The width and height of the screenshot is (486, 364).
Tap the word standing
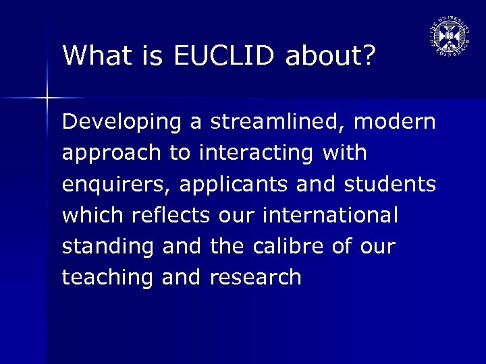109,247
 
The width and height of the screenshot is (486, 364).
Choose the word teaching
109,277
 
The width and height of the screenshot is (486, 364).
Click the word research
256,277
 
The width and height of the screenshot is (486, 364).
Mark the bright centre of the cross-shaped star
47,99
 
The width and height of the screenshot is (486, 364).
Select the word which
90,216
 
